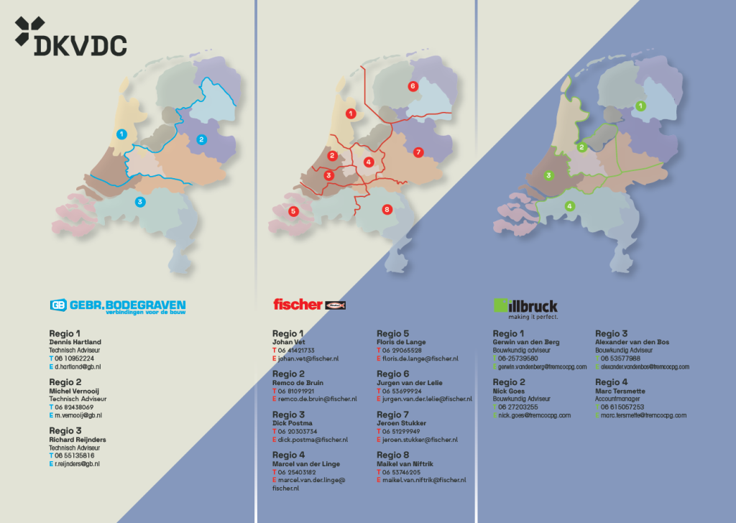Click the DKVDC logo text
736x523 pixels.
[80, 45]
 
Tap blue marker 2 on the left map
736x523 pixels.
[201, 139]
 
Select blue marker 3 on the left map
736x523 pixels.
[140, 202]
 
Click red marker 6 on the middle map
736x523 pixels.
[413, 86]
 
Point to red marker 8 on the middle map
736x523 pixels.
[387, 210]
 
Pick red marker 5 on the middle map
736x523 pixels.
[293, 211]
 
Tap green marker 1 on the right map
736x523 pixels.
[641, 106]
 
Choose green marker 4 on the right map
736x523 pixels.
[570, 206]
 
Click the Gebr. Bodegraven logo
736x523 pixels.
[118, 305]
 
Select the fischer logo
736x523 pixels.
[310, 305]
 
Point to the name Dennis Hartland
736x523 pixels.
[75, 342]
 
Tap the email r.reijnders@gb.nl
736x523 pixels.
[78, 464]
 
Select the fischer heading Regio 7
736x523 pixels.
[392, 415]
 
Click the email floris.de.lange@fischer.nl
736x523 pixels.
[420, 358]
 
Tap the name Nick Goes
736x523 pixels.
[509, 392]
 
